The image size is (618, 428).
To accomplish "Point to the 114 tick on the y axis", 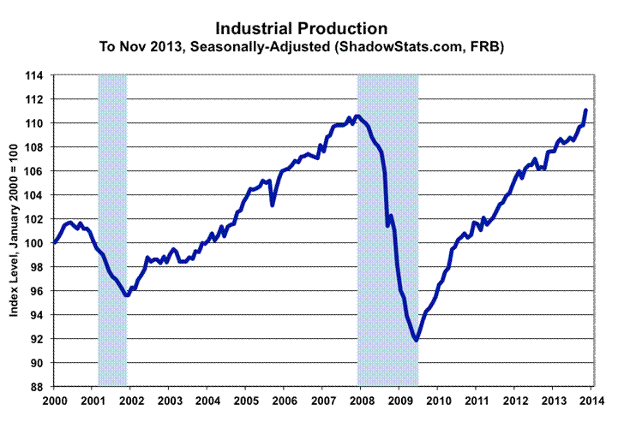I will coord(39,75).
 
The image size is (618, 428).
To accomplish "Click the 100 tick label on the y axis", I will coord(39,243).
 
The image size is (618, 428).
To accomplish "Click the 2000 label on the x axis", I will coord(54,401).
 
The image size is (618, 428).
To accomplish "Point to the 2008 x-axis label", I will coord(361,401).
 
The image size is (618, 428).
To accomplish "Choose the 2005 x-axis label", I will coord(246,401).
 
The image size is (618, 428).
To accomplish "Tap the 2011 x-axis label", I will coord(477,401).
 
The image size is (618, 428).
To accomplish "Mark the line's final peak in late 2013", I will coord(585,110).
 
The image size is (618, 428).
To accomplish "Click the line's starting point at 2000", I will coord(55,242).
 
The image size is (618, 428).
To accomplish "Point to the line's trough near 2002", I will coord(127,294).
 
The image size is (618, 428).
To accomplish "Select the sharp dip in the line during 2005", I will coord(273,205).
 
